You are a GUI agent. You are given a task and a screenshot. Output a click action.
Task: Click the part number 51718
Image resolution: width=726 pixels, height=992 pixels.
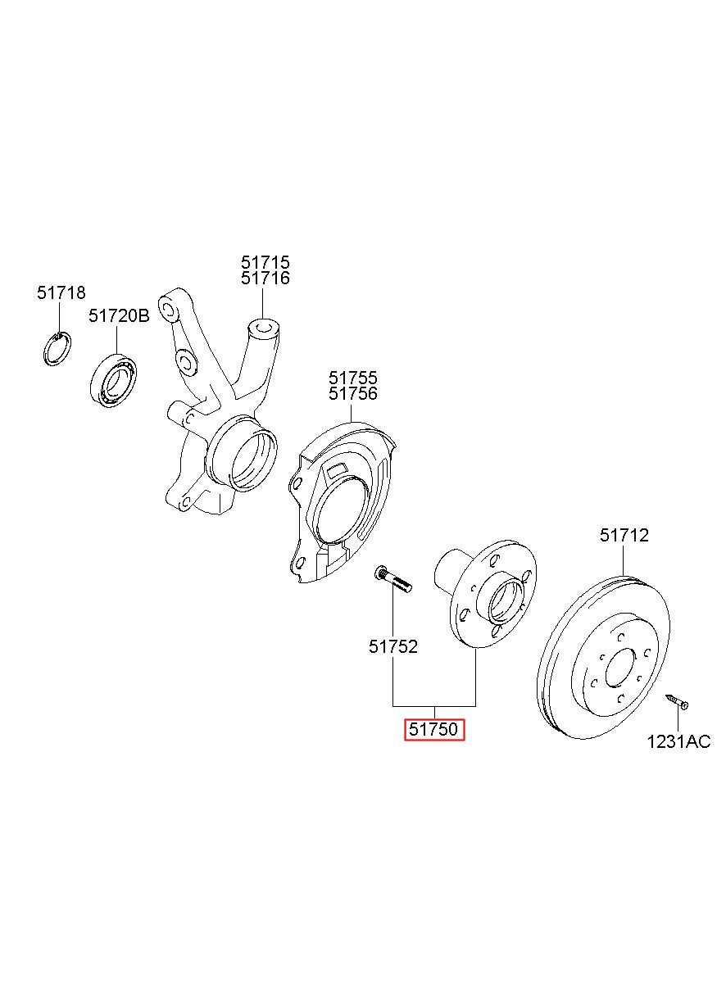(x=61, y=293)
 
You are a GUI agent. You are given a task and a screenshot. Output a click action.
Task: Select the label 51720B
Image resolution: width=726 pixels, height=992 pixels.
(x=119, y=315)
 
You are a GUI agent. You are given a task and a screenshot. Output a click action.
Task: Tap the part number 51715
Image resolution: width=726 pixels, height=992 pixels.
(x=265, y=263)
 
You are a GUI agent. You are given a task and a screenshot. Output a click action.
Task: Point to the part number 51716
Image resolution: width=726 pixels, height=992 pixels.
(x=265, y=279)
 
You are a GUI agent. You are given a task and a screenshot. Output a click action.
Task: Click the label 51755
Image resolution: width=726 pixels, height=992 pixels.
(x=353, y=378)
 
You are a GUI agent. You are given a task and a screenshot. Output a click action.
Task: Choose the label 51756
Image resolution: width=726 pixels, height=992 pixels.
(x=353, y=394)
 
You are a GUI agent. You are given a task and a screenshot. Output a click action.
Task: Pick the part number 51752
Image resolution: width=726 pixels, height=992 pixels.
(x=393, y=646)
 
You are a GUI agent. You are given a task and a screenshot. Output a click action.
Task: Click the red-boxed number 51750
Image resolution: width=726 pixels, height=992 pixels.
(x=434, y=729)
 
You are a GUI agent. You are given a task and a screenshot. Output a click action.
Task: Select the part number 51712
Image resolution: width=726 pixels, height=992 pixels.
(x=624, y=536)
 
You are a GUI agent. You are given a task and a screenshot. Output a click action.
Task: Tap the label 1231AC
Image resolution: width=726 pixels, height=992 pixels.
(x=678, y=742)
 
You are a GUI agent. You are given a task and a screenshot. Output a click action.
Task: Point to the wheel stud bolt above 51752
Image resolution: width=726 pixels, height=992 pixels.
(x=392, y=579)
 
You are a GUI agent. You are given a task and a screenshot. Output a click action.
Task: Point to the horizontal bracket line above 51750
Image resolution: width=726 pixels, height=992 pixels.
(x=434, y=705)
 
